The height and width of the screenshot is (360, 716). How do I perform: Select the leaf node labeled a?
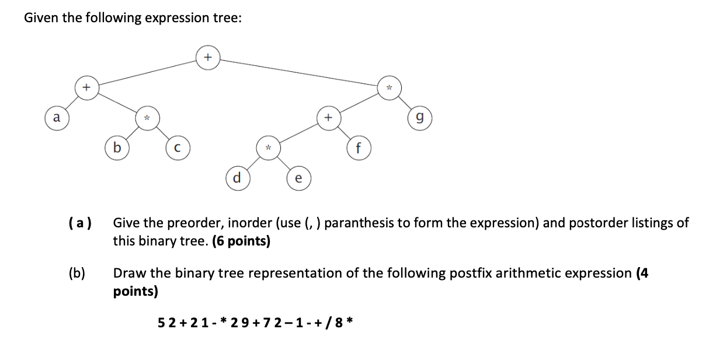[56, 117]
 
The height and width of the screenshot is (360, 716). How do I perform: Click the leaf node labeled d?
[237, 176]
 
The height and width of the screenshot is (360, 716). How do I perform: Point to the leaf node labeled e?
[298, 178]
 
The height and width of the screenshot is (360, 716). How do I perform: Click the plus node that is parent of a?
[86, 87]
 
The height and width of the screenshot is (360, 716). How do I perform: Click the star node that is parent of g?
[389, 87]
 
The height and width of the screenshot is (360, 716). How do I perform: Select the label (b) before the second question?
[77, 273]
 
